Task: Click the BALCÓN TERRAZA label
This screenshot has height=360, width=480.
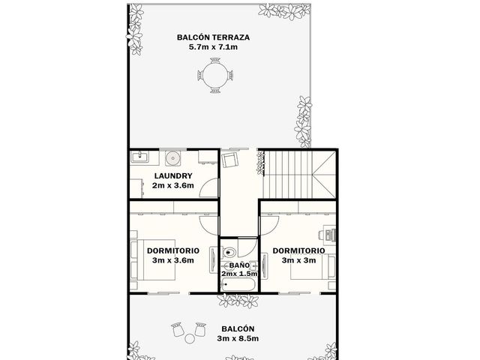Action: pyautogui.click(x=213, y=37)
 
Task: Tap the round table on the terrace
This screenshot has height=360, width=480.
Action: pyautogui.click(x=215, y=75)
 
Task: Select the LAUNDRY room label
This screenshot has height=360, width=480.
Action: pyautogui.click(x=173, y=175)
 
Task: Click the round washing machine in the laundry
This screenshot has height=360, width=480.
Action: pyautogui.click(x=173, y=158)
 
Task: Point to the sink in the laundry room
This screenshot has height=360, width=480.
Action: pyautogui.click(x=140, y=157)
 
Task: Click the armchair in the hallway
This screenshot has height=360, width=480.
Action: pyautogui.click(x=229, y=160)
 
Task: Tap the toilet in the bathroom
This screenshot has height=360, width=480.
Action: pyautogui.click(x=229, y=253)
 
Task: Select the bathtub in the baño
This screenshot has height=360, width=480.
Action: pyautogui.click(x=238, y=285)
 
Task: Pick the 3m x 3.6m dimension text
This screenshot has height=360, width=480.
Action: pyautogui.click(x=173, y=260)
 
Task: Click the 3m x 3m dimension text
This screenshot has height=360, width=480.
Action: pyautogui.click(x=298, y=260)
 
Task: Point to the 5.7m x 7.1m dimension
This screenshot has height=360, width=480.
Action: pyautogui.click(x=213, y=46)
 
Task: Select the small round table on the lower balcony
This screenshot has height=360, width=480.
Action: pyautogui.click(x=190, y=338)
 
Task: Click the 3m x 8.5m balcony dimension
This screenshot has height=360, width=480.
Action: pyautogui.click(x=238, y=338)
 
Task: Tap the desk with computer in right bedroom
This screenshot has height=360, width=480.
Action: pyautogui.click(x=328, y=235)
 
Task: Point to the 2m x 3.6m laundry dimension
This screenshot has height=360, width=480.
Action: pyautogui.click(x=173, y=185)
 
